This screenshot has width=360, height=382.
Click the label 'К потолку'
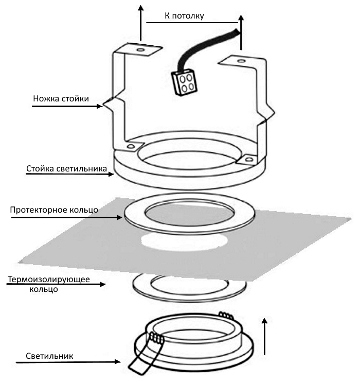click(x=184, y=15)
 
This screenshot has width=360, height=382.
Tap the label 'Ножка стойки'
click(x=60, y=98)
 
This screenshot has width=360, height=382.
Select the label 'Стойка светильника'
click(x=66, y=169)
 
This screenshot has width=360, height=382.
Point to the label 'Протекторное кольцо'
click(x=53, y=210)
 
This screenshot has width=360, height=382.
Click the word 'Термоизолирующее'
click(x=49, y=280)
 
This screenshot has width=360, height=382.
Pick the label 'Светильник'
click(x=49, y=356)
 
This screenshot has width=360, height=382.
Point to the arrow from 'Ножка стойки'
click(x=67, y=107)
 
